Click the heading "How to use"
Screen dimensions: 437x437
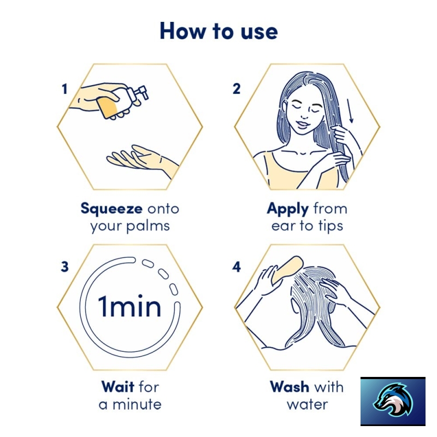(219, 31)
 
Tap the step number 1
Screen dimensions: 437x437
(64, 89)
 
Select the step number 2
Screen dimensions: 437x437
(237, 89)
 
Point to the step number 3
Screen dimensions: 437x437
(64, 267)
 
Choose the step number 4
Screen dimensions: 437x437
(237, 267)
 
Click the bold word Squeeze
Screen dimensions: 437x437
(111, 209)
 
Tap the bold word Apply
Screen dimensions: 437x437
(288, 209)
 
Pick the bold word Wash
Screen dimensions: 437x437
(290, 387)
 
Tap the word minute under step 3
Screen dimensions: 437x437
(137, 404)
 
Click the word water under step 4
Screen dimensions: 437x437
(308, 404)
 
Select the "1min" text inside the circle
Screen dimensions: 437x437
(129, 306)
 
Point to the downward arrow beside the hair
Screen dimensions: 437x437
(350, 111)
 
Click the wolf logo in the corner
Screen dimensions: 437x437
(393, 401)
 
